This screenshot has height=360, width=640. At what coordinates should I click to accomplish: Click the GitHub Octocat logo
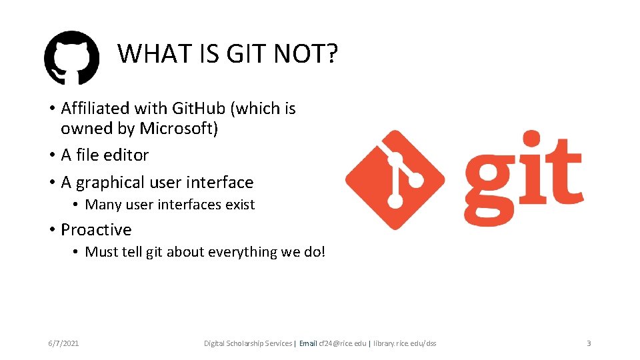71,57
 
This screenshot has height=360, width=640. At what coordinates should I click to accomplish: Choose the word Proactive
96,229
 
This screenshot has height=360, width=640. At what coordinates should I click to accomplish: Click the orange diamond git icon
395,180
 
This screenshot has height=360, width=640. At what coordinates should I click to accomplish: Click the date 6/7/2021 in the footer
63,343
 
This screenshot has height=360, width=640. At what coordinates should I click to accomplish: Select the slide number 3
589,343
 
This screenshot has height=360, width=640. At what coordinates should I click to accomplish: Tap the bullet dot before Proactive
51,230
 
